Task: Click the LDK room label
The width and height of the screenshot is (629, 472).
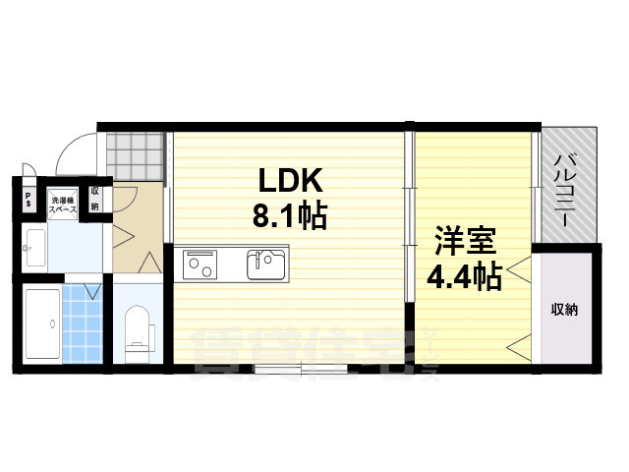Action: [290, 181]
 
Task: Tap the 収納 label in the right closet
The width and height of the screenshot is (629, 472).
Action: [564, 310]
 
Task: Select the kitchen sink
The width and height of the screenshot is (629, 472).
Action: [265, 265]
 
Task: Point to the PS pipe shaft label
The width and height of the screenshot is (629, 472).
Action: [29, 200]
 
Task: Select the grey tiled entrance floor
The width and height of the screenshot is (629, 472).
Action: [133, 152]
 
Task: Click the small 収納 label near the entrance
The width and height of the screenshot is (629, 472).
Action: [95, 200]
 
